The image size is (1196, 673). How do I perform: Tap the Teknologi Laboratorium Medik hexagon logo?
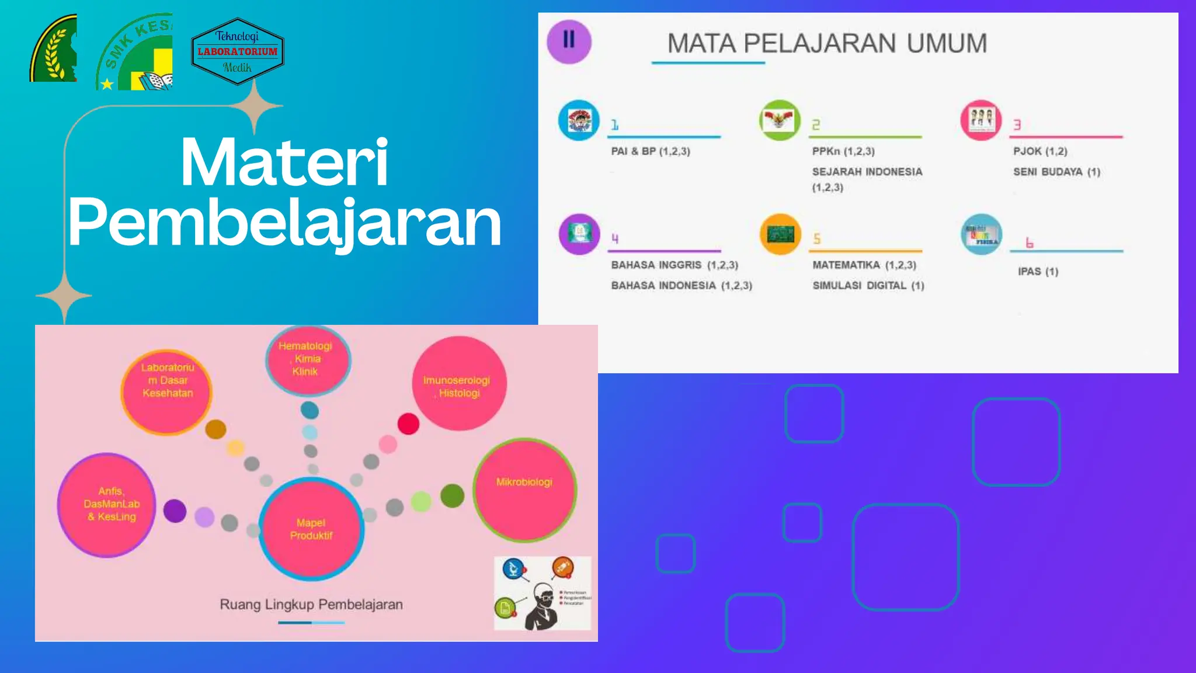pos(238,51)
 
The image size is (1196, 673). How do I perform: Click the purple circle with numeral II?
pos(569,41)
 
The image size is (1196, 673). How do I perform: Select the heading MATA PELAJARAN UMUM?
pos(827,44)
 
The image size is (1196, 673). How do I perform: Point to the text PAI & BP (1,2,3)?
pos(651,151)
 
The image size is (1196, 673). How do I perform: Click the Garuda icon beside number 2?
pos(780,120)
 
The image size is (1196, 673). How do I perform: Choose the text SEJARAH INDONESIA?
pos(867,172)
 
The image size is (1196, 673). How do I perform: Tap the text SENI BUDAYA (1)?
pos(1056,172)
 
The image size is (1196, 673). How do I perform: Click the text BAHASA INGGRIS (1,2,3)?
pos(675,265)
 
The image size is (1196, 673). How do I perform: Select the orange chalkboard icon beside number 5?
pos(780,235)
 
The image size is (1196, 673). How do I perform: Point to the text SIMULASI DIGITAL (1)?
pos(868,286)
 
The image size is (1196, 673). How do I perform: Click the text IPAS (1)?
pos(1038,272)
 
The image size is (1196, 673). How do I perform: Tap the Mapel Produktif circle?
pos(311,529)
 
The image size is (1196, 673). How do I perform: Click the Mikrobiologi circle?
pos(524,490)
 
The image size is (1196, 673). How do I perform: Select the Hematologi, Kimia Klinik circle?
pos(308,359)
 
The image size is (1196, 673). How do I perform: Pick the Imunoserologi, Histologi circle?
pos(459,384)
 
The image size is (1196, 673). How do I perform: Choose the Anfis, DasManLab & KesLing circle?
pos(107,505)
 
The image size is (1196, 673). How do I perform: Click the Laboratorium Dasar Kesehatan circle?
pos(167,391)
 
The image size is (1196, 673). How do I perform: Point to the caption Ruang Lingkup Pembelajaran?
pos(311,605)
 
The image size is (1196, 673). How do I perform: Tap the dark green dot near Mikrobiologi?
pos(452,496)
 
